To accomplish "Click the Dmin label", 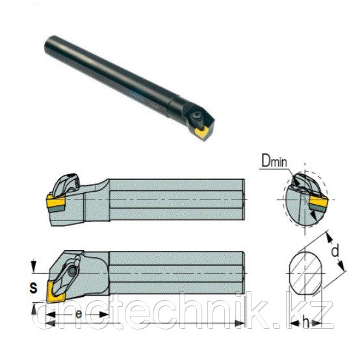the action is click(x=274, y=161).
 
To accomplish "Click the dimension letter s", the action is click(x=33, y=288).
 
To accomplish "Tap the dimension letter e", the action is click(x=79, y=314).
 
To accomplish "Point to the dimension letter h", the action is click(x=306, y=322).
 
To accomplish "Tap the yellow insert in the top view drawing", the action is click(x=55, y=291).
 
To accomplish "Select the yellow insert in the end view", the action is click(x=317, y=201).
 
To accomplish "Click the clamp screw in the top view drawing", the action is click(x=73, y=270).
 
